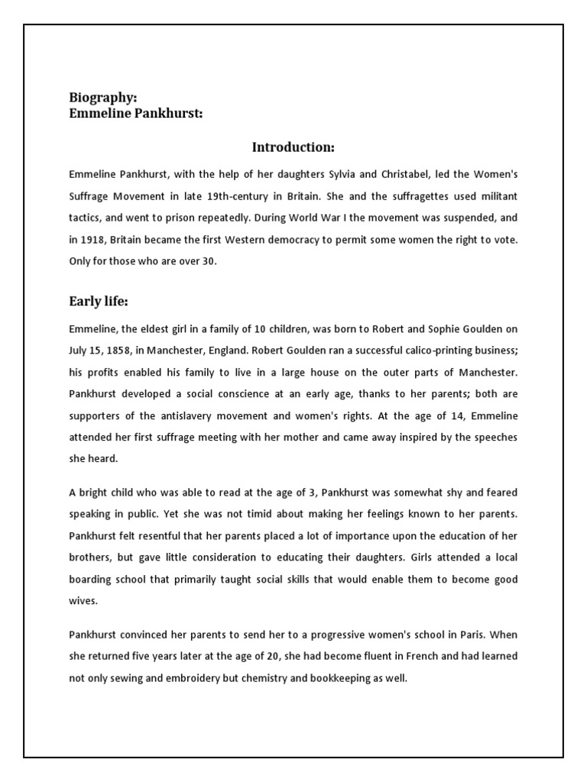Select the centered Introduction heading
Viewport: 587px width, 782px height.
point(293,147)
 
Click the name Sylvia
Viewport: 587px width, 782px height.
point(352,175)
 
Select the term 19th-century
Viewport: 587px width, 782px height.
point(244,196)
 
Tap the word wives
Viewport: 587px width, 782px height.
point(83,601)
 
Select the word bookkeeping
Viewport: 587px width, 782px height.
point(326,677)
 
